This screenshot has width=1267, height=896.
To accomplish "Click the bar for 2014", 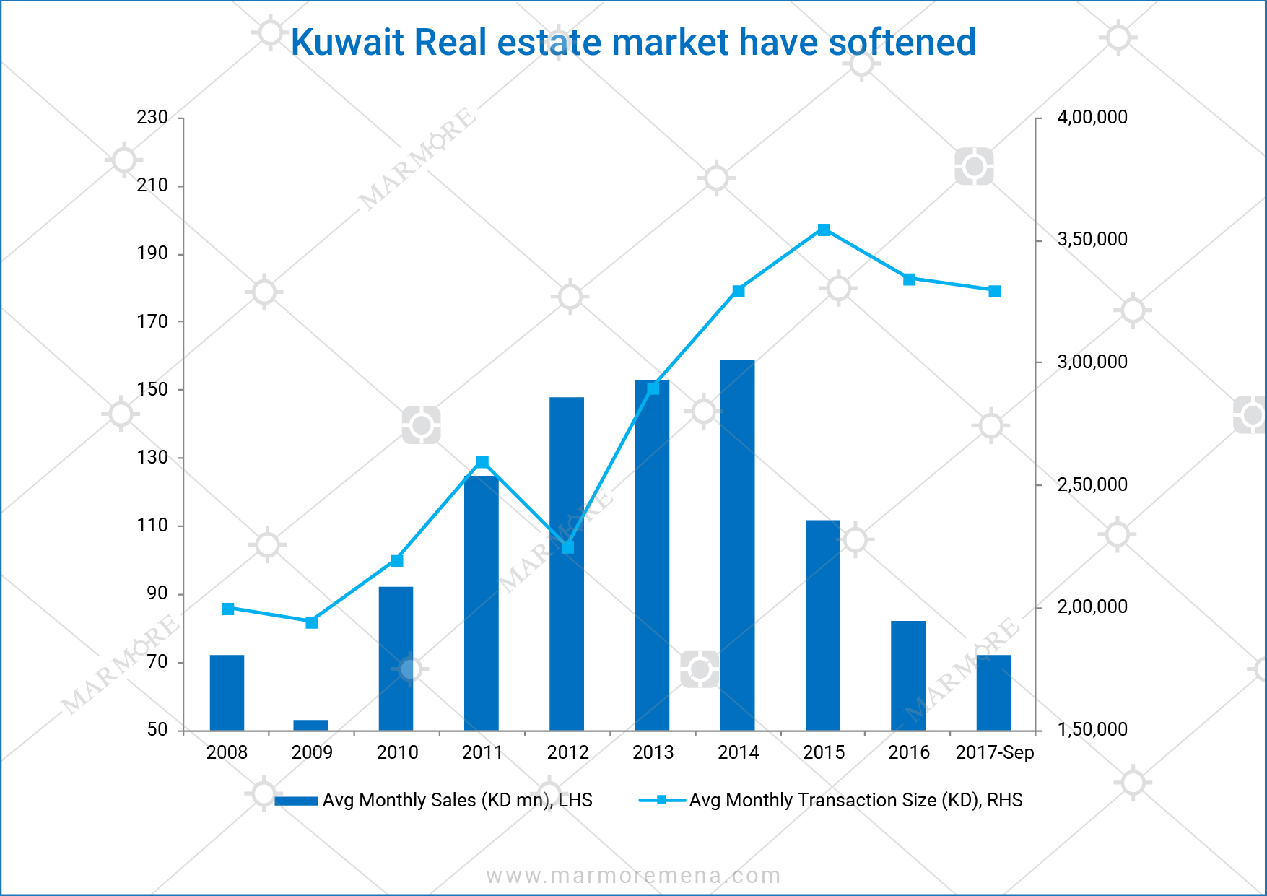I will coord(737,545).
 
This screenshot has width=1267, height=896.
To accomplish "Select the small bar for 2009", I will coord(310,725).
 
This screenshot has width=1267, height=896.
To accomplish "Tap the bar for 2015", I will coord(822,625).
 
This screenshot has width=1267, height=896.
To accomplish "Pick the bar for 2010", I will coord(396,658).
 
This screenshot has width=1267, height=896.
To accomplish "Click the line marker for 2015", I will coord(824,230).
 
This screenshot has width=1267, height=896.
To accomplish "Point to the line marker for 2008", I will coord(228,609).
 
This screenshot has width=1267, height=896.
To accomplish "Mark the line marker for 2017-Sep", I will coord(994,292).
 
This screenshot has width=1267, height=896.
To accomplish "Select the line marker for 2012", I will coord(567,547).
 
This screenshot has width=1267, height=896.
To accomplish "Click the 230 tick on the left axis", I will coord(152,118).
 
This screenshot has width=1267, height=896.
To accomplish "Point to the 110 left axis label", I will coord(152,526).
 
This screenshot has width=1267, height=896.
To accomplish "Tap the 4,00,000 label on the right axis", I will coord(1092,118).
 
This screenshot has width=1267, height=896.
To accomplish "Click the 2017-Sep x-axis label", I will coord(994,753).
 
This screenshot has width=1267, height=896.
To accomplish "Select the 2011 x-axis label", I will coord(482,753).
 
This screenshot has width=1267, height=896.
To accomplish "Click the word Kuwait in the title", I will coord(347,43).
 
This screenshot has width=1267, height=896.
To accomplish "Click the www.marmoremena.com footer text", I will coord(633,876).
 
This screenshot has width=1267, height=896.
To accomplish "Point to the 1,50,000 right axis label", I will coord(1092,730).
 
